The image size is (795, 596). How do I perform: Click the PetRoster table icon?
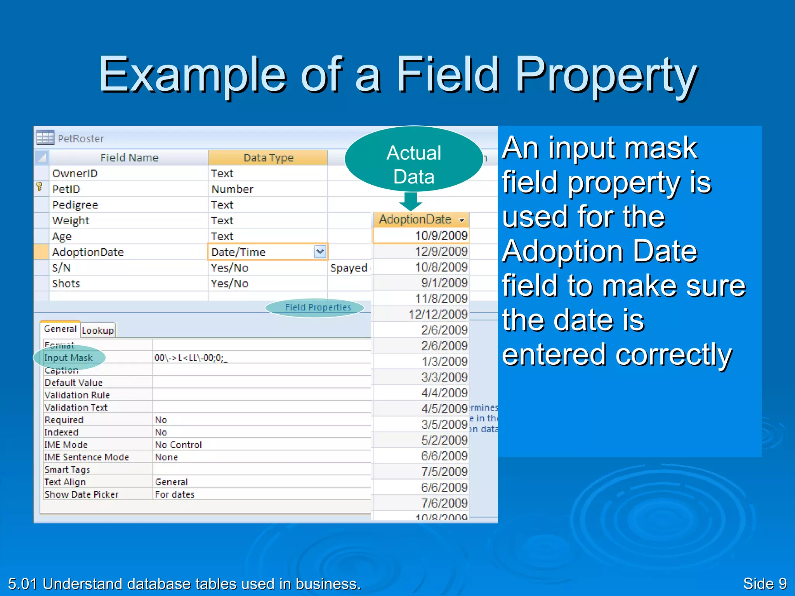coord(45,137)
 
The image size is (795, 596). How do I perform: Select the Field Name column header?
coord(129,158)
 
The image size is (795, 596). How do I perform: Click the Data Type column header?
coord(268,158)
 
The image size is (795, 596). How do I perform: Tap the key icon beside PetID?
coord(39,187)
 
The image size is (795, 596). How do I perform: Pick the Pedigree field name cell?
coord(75,205)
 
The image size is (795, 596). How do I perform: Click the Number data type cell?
coord(232,189)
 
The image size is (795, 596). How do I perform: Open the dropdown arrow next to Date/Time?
coord(320,252)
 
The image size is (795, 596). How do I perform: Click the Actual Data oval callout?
coord(414,159)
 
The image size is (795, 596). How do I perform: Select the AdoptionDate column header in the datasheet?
coord(415,220)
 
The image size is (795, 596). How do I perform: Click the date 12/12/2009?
coord(438,314)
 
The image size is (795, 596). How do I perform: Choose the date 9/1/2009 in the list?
coord(444,283)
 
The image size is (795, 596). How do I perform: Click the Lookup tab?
coord(98,331)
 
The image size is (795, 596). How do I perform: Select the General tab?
coord(60,329)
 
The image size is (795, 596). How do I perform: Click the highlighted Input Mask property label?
coord(69,358)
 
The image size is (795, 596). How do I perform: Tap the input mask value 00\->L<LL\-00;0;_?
coord(191,358)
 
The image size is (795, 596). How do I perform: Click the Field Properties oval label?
coord(318,307)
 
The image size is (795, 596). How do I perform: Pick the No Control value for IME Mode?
coord(179,445)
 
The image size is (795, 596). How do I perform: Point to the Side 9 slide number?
coord(764,584)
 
